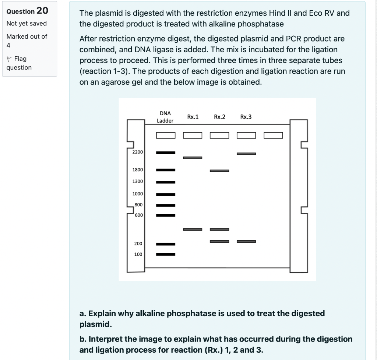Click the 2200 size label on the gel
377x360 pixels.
coord(138,152)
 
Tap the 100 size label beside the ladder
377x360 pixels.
coord(138,254)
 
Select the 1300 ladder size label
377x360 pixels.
coord(138,181)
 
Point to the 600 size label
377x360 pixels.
coord(139,215)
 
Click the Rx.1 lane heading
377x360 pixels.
coord(193,117)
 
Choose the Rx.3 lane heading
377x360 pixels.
coord(246,117)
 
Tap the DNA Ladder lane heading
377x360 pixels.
coord(165,117)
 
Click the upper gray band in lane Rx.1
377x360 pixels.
coord(193,158)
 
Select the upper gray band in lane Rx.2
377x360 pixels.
coord(219,171)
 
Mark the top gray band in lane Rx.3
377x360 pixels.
coord(246,153)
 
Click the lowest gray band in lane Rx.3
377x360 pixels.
coord(246,242)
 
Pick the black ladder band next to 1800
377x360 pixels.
coord(166,170)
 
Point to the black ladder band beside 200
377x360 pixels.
coord(166,244)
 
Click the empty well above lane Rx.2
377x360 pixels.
coord(219,135)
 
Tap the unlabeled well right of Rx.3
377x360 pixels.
coord(273,135)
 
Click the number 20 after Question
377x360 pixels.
coord(42,10)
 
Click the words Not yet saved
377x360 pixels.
coord(27,24)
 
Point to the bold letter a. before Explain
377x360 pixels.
coord(82,314)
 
